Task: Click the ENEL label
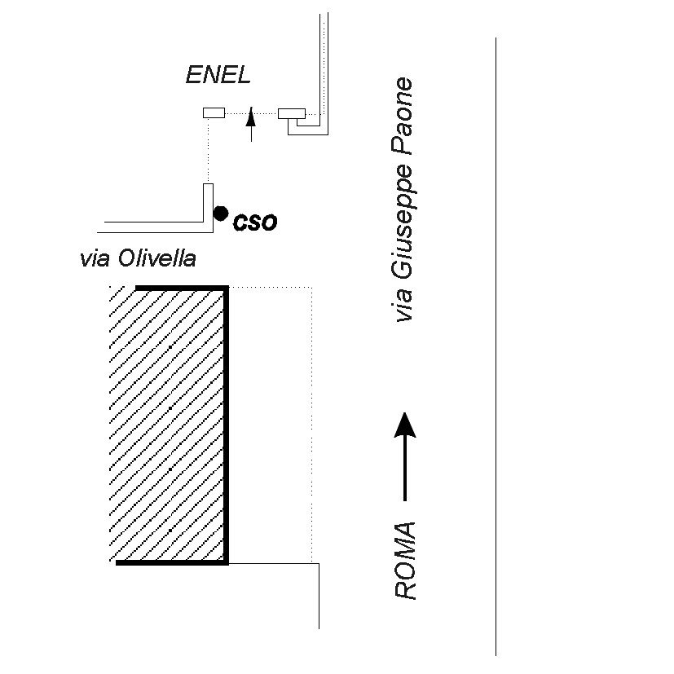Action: click(x=218, y=75)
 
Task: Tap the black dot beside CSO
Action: click(x=221, y=214)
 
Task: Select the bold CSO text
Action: click(x=255, y=222)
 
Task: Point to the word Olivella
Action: click(x=157, y=258)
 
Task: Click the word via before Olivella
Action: click(x=95, y=259)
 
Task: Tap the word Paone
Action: click(x=402, y=116)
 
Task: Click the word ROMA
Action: click(x=405, y=561)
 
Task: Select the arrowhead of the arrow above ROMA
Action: click(x=405, y=425)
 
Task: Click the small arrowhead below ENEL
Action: click(x=251, y=117)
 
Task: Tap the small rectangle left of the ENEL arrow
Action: click(x=214, y=112)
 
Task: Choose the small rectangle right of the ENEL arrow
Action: click(x=292, y=113)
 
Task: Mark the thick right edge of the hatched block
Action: click(x=226, y=425)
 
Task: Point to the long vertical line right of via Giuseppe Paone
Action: click(x=496, y=346)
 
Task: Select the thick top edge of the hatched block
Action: click(x=182, y=288)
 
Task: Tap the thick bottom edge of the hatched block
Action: click(x=172, y=562)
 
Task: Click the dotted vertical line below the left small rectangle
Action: click(x=208, y=151)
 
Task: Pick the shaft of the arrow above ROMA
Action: click(x=405, y=469)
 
